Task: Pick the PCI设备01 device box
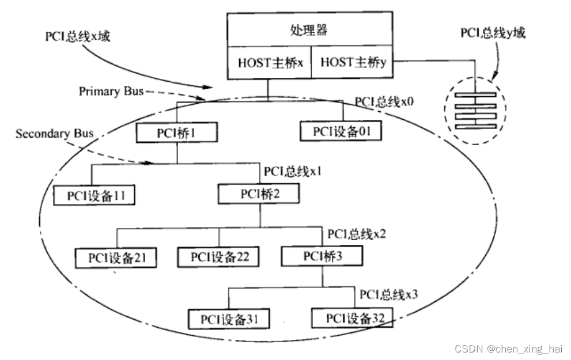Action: point(341,131)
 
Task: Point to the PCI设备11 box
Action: point(94,196)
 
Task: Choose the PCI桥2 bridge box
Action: point(259,194)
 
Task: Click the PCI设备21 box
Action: point(116,257)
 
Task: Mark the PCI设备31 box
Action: point(229,318)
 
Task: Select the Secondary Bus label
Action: point(54,134)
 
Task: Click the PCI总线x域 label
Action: point(77,36)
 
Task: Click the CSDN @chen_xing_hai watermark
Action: point(508,349)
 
